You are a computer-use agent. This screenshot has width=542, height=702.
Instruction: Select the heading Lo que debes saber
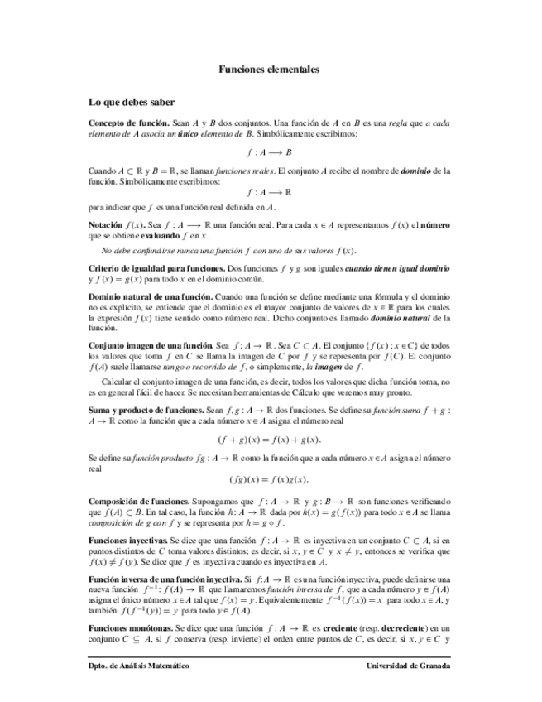132,103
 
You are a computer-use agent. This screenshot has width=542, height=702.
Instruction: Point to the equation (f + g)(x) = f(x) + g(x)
269,440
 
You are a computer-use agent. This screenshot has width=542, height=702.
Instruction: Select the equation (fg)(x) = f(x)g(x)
269,478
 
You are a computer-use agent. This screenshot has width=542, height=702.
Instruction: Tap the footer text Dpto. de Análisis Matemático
139,666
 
